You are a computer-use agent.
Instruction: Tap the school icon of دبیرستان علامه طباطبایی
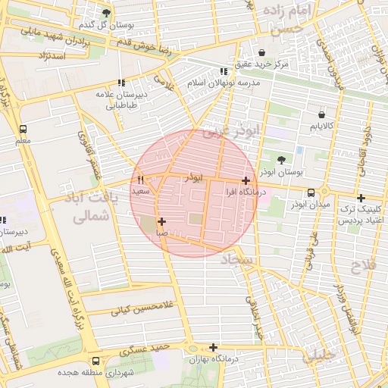(x=120, y=83)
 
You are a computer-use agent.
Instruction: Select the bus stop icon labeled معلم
(x=23, y=130)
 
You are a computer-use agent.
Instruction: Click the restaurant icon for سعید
(x=140, y=180)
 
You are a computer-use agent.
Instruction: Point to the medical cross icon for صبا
(x=161, y=221)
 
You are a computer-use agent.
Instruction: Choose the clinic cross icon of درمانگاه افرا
(x=246, y=180)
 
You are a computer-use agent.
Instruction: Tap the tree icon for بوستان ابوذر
(x=282, y=160)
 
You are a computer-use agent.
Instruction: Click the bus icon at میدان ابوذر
(x=310, y=192)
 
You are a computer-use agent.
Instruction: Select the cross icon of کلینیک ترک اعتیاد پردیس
(x=361, y=197)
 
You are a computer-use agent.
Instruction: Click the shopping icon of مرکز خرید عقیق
(x=262, y=53)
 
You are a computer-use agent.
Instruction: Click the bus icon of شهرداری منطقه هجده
(x=95, y=361)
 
